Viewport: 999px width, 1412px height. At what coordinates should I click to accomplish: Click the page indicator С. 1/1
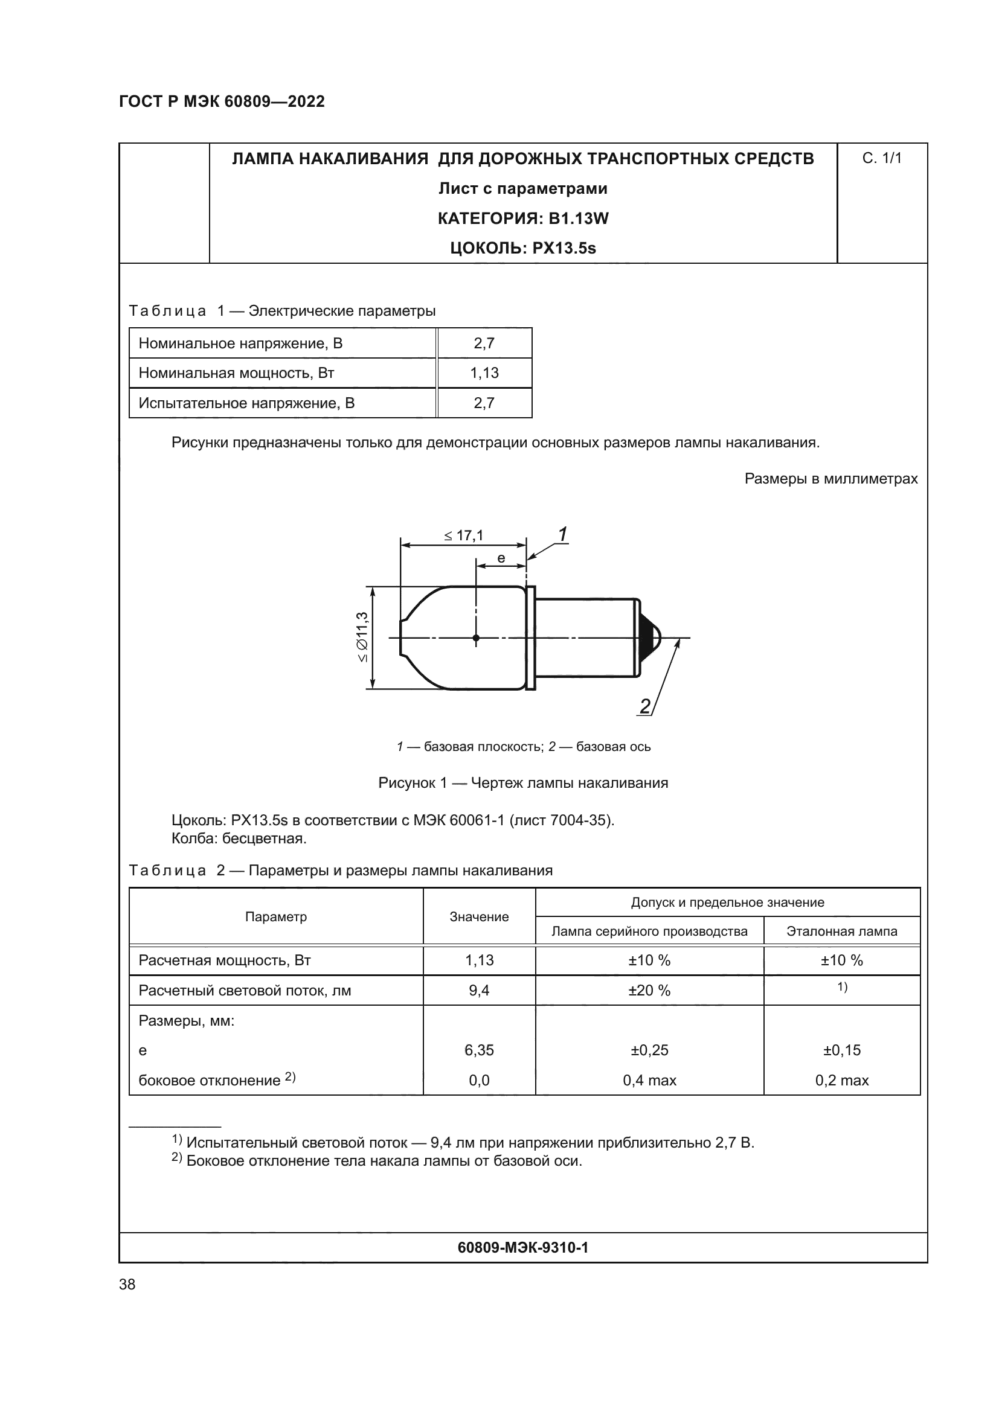click(x=881, y=159)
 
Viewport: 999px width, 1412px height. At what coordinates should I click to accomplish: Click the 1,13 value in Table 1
click(x=484, y=373)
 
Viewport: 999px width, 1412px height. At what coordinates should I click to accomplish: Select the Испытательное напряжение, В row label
click(x=246, y=403)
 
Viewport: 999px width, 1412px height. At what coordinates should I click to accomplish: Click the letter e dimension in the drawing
click(x=501, y=558)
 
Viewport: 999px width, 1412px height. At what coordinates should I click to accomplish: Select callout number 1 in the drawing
click(x=562, y=534)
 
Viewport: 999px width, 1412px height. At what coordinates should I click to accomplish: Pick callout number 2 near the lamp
click(x=644, y=707)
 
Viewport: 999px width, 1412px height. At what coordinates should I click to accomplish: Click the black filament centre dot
click(x=476, y=638)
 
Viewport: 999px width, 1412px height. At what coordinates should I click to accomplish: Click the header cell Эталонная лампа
click(x=841, y=931)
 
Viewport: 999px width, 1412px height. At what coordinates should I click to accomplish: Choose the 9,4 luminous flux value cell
click(x=479, y=991)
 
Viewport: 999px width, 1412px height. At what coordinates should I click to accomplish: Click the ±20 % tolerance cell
click(x=649, y=991)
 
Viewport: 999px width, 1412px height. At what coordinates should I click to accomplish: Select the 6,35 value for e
click(x=479, y=1050)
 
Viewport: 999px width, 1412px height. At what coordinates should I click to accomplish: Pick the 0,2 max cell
click(x=841, y=1081)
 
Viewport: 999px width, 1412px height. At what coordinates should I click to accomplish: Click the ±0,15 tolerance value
click(x=841, y=1050)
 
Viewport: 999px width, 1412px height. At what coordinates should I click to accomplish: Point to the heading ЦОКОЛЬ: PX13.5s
click(x=523, y=249)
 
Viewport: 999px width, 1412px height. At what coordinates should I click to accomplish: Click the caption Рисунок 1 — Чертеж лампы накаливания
click(x=523, y=783)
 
